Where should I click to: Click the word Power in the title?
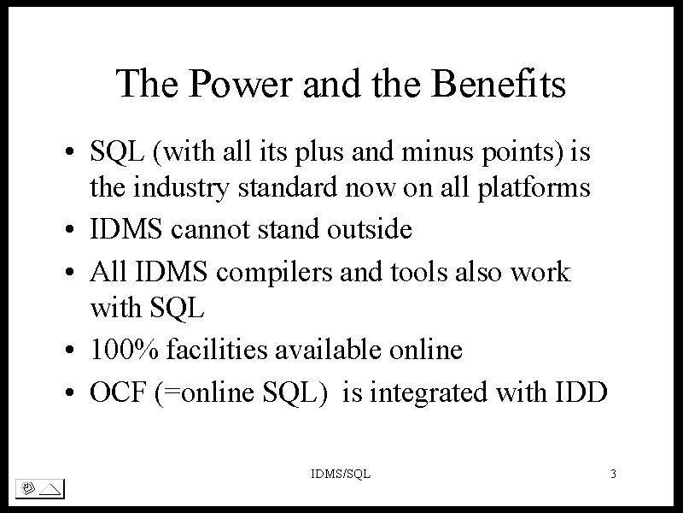click(x=241, y=83)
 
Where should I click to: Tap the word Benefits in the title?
click(x=499, y=83)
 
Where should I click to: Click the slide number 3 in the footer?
click(x=613, y=474)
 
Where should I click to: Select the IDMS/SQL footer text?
click(x=341, y=474)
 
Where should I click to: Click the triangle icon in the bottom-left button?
click(x=50, y=488)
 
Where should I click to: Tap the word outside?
click(x=370, y=228)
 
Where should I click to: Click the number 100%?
click(x=124, y=350)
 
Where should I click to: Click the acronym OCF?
click(x=118, y=392)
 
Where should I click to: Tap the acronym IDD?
click(x=581, y=392)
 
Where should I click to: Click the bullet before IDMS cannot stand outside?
click(x=70, y=229)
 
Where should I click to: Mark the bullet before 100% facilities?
click(x=70, y=350)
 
